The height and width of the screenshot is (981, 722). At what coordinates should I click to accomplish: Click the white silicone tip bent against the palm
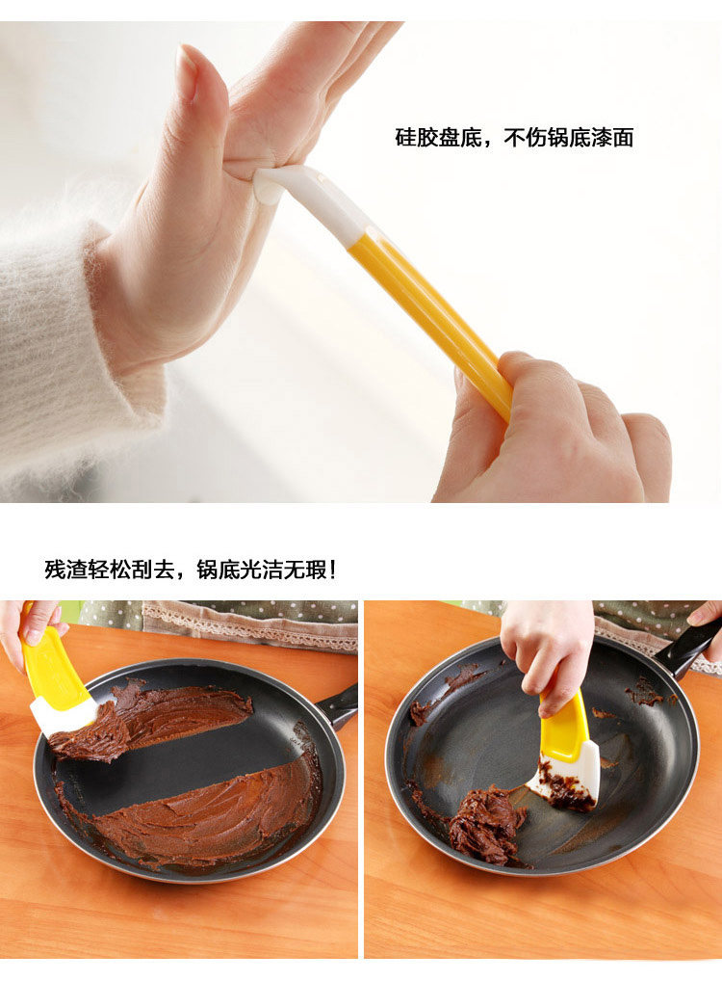click(x=306, y=198)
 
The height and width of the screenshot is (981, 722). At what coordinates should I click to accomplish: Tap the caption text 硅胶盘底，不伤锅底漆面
click(x=514, y=137)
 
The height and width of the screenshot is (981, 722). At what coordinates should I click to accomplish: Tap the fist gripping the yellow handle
click(x=550, y=432)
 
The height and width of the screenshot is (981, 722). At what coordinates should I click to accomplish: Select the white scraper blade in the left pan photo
click(x=63, y=714)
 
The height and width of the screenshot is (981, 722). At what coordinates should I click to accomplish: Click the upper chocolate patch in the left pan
click(x=156, y=716)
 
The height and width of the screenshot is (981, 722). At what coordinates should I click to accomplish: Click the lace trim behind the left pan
click(x=250, y=625)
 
